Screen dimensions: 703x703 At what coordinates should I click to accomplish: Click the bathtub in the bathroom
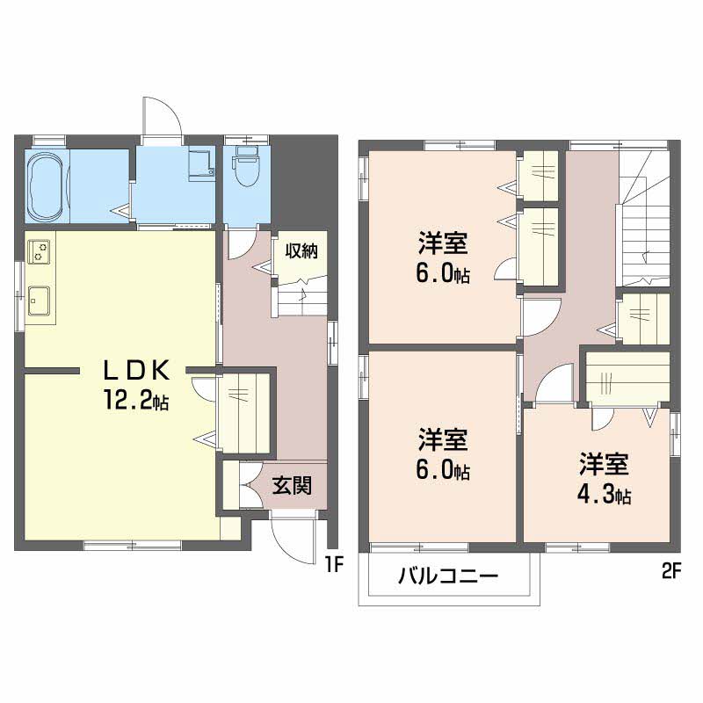[x=45, y=186]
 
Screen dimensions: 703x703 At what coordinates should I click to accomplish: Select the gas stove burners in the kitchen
[x=39, y=251]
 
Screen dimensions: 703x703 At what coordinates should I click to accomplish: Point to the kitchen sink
[x=39, y=301]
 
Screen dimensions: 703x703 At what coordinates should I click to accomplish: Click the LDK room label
[x=137, y=370]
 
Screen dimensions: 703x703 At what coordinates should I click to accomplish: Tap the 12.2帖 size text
[x=136, y=400]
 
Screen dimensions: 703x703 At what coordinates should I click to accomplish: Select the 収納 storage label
[x=301, y=250]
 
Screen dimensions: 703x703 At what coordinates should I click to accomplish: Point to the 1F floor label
[x=333, y=566]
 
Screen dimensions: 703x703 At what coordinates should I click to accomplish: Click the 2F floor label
[x=670, y=572]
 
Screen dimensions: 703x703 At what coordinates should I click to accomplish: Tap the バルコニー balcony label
[x=448, y=576]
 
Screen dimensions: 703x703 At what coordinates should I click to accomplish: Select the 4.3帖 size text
[x=604, y=495]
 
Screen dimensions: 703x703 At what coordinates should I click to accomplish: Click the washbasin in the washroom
[x=200, y=163]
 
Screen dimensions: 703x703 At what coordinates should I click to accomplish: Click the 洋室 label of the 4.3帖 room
[x=604, y=464]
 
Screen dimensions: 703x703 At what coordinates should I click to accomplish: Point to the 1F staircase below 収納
[x=301, y=297]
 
